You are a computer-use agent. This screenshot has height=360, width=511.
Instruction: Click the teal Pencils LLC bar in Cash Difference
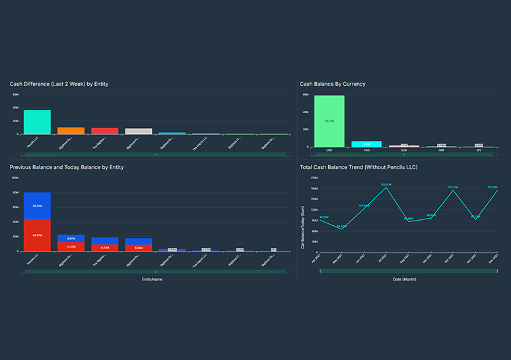point(37,122)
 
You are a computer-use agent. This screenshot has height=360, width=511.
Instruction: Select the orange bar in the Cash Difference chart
point(71,131)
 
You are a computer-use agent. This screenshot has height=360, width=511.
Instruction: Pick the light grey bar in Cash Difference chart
point(139,131)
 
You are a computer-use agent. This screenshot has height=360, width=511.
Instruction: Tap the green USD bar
point(329,122)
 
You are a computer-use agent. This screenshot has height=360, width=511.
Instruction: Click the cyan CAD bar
point(366,144)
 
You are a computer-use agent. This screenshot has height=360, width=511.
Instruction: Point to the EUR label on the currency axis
point(404,151)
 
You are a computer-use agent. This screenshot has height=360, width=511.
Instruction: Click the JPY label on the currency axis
point(479,151)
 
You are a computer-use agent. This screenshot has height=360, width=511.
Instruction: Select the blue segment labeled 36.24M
point(37,206)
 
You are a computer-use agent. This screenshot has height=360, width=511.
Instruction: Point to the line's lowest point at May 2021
point(341,229)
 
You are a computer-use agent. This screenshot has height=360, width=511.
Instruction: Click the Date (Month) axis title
point(409,279)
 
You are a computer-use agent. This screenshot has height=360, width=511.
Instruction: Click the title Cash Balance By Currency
point(332,84)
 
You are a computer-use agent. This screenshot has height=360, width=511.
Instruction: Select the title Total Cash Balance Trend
point(358,167)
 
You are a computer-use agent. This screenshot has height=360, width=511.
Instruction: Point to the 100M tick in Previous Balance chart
point(15,178)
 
